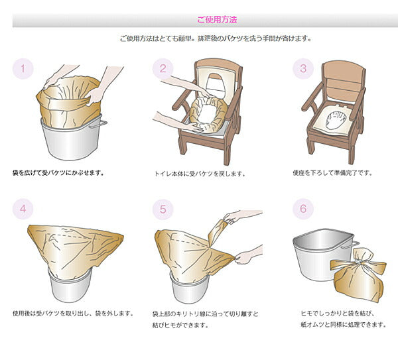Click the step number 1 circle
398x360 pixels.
pos(23,68)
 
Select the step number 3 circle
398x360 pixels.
pos(302,68)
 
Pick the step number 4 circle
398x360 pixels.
pos(23,209)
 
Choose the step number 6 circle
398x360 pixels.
pos(302,209)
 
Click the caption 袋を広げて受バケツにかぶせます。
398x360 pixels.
pos(58,173)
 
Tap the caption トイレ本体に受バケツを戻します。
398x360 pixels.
pos(199,174)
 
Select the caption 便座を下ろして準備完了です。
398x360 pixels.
pos(333,173)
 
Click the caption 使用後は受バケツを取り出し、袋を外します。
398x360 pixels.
pos(73,313)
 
